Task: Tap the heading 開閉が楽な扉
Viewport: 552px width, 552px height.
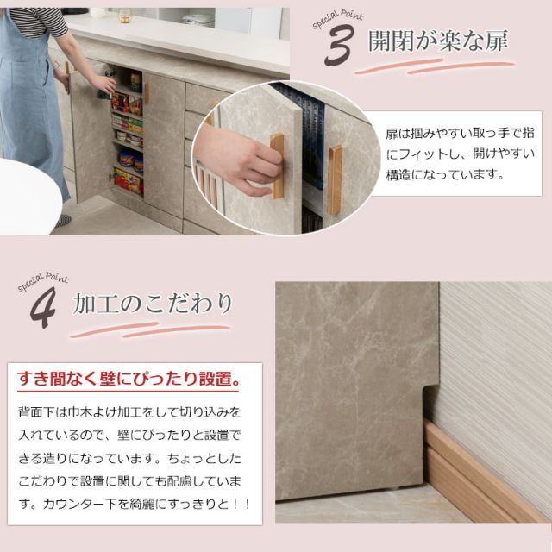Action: point(437,41)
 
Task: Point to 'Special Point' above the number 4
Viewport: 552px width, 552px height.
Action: point(42,282)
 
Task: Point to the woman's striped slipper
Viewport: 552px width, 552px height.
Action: point(64,222)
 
